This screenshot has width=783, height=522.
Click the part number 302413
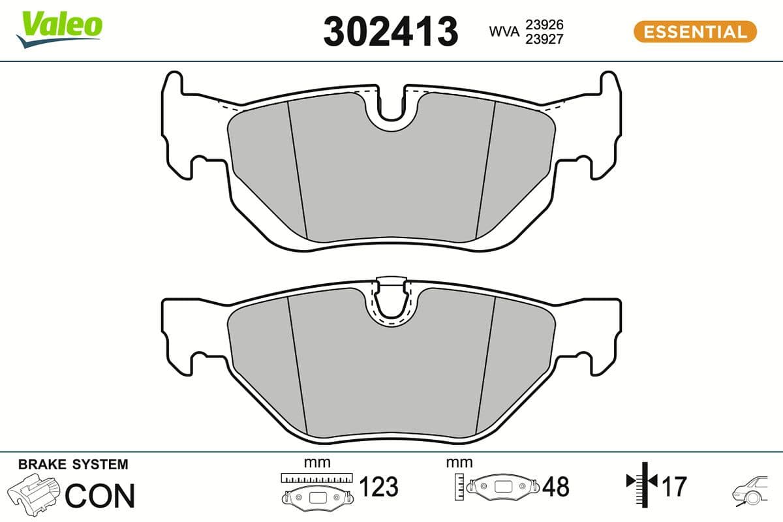coord(390,31)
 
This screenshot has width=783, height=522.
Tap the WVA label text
coord(504,31)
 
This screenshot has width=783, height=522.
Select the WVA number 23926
coord(544,25)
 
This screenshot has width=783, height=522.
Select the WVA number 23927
coord(544,38)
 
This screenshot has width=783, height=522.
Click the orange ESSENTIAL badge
coord(695,31)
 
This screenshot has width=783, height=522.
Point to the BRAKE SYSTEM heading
coord(73,465)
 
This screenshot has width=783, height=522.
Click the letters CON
coord(100,496)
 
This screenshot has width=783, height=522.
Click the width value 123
coord(379,487)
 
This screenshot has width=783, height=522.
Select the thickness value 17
coord(675,486)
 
